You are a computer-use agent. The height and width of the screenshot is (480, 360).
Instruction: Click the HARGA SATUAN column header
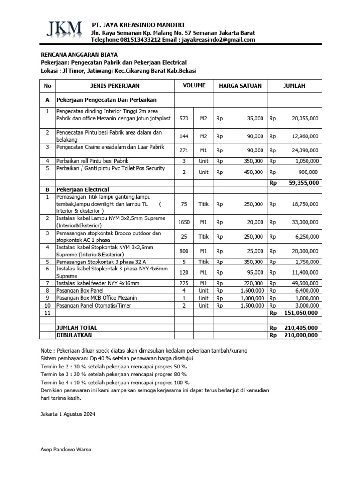click(x=240, y=86)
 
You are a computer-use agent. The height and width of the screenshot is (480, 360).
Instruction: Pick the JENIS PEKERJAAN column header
click(x=115, y=86)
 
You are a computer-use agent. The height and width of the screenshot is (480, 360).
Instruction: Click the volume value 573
click(x=184, y=119)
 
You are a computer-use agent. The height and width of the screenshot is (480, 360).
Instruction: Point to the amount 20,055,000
click(x=305, y=119)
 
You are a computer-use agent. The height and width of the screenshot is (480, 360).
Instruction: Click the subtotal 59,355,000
click(x=301, y=183)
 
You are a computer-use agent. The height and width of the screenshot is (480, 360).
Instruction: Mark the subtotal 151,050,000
click(x=300, y=313)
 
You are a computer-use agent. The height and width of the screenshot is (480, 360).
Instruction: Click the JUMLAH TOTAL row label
click(x=76, y=328)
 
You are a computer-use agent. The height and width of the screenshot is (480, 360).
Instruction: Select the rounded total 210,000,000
click(x=300, y=335)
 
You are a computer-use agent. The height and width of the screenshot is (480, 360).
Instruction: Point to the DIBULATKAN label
click(x=74, y=335)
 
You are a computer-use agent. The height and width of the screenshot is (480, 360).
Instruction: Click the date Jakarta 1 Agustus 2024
click(x=67, y=415)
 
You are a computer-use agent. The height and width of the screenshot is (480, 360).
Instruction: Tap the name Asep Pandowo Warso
click(x=66, y=450)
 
